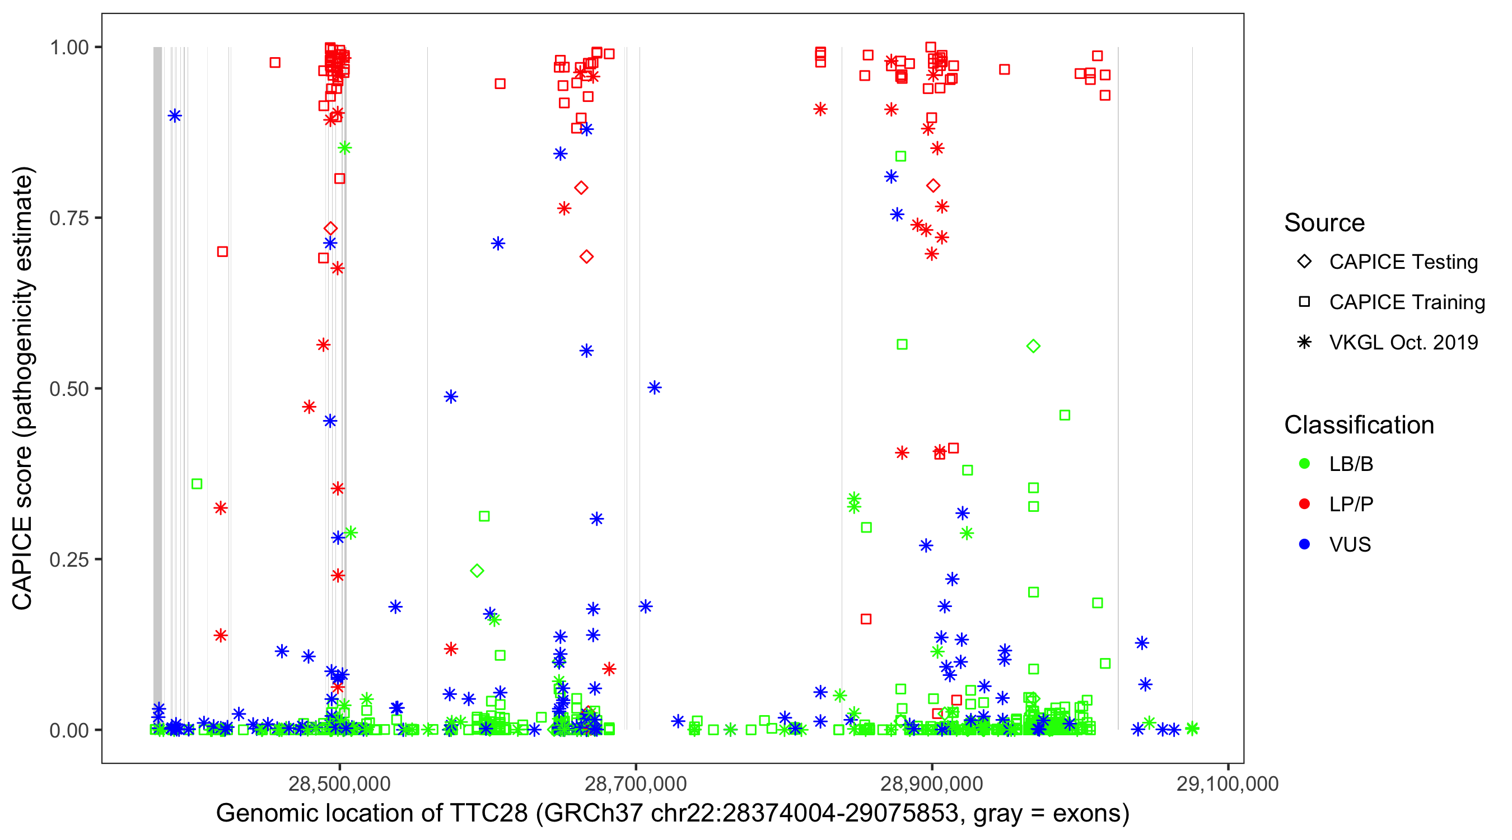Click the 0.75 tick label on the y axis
click(68, 218)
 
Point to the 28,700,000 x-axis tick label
click(636, 783)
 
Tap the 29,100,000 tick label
click(1228, 783)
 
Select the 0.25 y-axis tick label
click(68, 559)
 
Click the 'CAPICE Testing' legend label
click(1403, 262)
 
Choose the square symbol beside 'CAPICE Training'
click(1304, 302)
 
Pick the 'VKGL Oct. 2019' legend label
click(1403, 342)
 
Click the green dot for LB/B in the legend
click(1304, 464)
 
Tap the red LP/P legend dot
click(1304, 504)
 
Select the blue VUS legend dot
click(1304, 544)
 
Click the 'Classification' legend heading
click(1359, 424)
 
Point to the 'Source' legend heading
click(1324, 223)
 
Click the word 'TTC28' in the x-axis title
click(488, 814)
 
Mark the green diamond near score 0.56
click(1033, 346)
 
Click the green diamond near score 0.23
click(477, 571)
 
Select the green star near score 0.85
click(344, 148)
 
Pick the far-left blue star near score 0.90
click(174, 115)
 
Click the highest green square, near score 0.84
click(900, 156)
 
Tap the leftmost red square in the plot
click(222, 252)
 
